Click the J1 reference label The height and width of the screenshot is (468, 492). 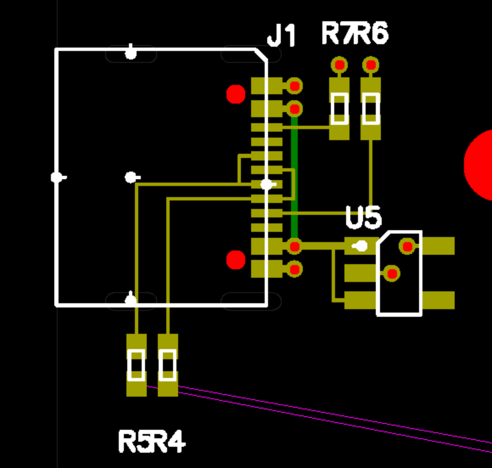click(282, 36)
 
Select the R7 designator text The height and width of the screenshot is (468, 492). click(337, 33)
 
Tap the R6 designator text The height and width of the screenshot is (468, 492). click(371, 33)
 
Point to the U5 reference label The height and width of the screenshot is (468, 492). click(363, 217)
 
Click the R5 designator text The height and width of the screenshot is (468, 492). click(135, 442)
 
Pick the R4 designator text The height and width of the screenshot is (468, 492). click(169, 442)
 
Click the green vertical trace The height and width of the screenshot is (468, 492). click(294, 178)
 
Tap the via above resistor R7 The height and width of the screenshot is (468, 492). click(339, 65)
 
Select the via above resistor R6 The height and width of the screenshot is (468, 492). click(371, 65)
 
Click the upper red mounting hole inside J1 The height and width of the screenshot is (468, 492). click(236, 94)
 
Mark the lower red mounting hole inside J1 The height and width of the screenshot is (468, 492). click(236, 260)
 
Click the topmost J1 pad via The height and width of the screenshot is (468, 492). click(294, 86)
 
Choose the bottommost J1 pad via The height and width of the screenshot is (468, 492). click(294, 269)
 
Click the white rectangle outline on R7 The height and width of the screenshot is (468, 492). click(339, 109)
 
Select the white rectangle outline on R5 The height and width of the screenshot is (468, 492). click(136, 365)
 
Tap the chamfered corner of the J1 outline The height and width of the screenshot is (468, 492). click(261, 55)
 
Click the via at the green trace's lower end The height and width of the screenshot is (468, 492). click(294, 246)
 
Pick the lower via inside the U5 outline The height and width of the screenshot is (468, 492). click(391, 273)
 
